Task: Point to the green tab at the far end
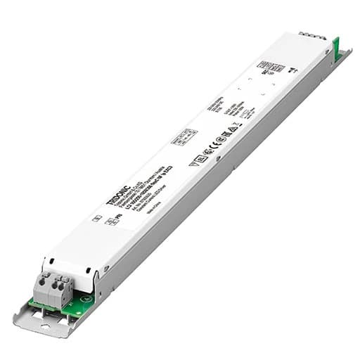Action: coord(335,49)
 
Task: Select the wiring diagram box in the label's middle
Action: coord(184,136)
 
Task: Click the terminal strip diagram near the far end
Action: coord(270,67)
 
